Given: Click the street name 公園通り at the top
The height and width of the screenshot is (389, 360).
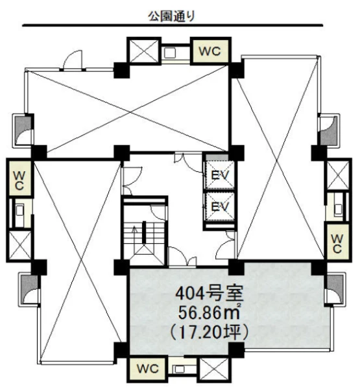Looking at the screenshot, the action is pyautogui.click(x=171, y=16).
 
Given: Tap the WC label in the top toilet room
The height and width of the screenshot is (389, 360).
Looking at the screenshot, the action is pyautogui.click(x=210, y=51).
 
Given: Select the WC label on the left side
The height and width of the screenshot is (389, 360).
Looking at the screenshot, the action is pyautogui.click(x=19, y=181).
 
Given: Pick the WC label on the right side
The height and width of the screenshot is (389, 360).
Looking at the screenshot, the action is pyautogui.click(x=337, y=244).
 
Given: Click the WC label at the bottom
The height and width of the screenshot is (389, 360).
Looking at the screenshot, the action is pyautogui.click(x=148, y=369).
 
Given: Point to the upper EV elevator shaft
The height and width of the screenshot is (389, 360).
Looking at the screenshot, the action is pyautogui.click(x=219, y=176).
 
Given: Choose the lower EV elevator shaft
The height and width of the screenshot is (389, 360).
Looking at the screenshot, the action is pyautogui.click(x=219, y=206).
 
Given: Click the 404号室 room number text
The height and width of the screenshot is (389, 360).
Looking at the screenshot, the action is pyautogui.click(x=209, y=294).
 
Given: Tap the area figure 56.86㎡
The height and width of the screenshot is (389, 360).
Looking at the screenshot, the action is pyautogui.click(x=209, y=312).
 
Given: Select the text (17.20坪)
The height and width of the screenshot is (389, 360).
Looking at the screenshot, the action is pyautogui.click(x=209, y=333).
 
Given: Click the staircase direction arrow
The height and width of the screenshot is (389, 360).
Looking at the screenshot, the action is pyautogui.click(x=134, y=235).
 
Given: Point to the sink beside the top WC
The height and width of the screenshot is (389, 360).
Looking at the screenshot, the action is pyautogui.click(x=170, y=53).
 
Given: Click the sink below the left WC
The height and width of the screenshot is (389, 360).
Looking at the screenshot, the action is pyautogui.click(x=19, y=211).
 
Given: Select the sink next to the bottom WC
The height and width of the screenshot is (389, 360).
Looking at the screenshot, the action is pyautogui.click(x=179, y=369).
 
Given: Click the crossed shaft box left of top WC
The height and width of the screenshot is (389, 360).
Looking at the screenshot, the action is pyautogui.click(x=144, y=51).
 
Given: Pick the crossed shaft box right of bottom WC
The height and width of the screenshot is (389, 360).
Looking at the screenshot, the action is pyautogui.click(x=214, y=369).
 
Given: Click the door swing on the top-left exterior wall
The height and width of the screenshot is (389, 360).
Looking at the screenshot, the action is pyautogui.click(x=73, y=60).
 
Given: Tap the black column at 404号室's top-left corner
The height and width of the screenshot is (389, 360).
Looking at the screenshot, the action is pyautogui.click(x=122, y=267).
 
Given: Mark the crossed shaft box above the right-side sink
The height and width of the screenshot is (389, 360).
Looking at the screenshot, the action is pyautogui.click(x=338, y=175).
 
